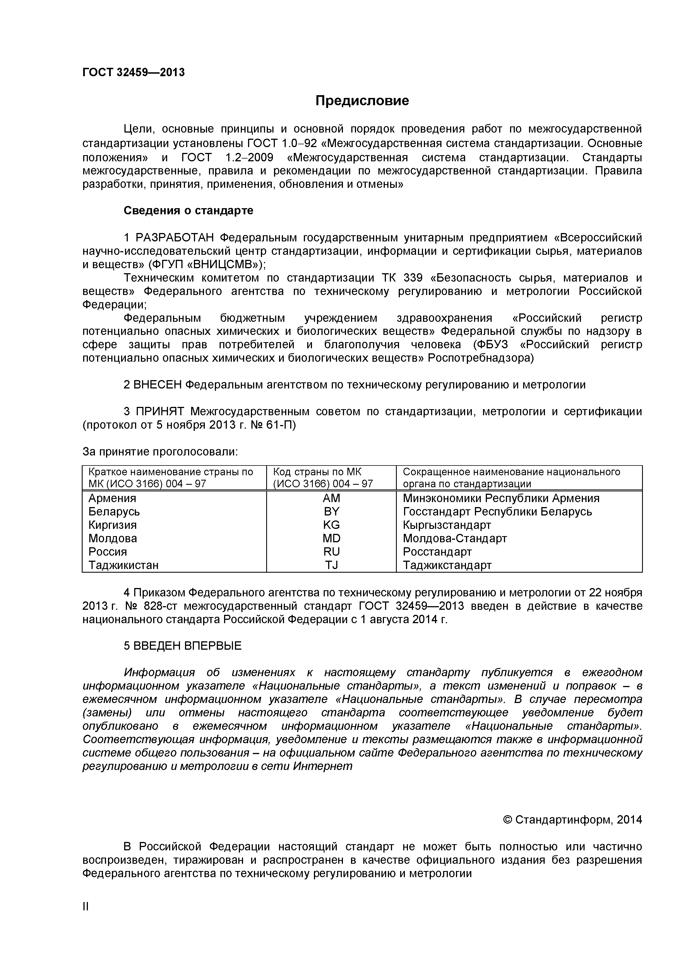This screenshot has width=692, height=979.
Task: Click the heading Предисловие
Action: [x=362, y=101]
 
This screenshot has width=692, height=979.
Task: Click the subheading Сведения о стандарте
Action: [x=188, y=211]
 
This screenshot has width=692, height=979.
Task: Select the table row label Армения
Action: [x=112, y=498]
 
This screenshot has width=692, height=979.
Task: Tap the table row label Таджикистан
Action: [x=123, y=565]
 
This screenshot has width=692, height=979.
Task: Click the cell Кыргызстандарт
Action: [x=447, y=525]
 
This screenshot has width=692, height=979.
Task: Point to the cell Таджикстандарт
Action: [x=447, y=565]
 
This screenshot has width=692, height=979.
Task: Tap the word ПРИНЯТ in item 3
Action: [x=160, y=411]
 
